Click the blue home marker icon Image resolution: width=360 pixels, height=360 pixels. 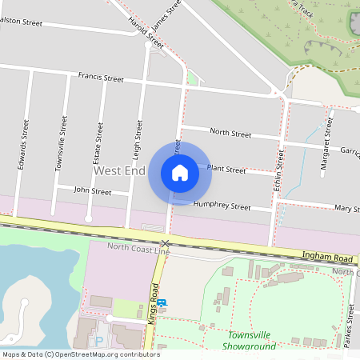(180, 172)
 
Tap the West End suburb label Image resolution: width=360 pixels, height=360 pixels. (119, 171)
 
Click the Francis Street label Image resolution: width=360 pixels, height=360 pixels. (101, 78)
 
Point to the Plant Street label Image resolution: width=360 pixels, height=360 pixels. (226, 169)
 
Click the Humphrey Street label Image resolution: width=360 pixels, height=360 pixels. (222, 206)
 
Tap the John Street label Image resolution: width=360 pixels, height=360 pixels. (92, 191)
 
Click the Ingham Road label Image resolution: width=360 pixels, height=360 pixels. (328, 258)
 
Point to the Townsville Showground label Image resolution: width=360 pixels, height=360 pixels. (251, 340)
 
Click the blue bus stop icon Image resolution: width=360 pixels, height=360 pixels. (162, 302)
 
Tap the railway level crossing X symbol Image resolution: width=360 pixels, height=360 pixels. (165, 242)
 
